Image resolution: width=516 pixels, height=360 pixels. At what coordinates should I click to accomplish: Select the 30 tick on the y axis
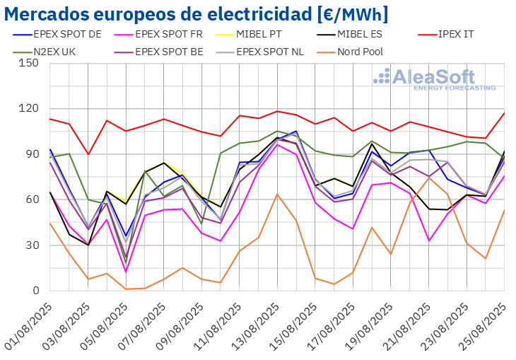[x=33, y=245]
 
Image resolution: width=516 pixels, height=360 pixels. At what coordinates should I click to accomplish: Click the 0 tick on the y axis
[x=35, y=291]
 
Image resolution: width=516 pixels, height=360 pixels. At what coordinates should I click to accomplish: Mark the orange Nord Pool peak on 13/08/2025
[x=277, y=194]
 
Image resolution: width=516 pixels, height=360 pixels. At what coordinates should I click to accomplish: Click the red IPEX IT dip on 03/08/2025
[x=88, y=154]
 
